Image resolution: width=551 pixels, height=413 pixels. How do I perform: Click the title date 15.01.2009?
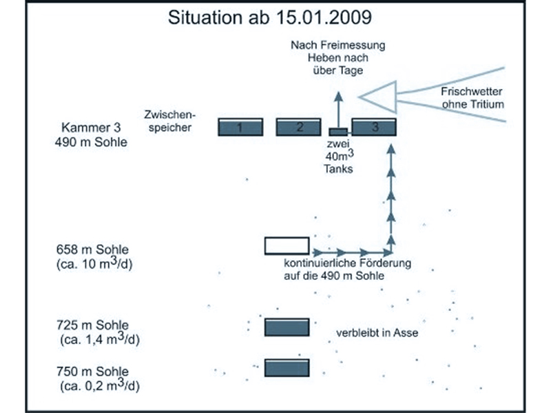pos(324,17)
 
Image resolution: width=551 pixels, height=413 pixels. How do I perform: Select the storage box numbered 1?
pos(240,127)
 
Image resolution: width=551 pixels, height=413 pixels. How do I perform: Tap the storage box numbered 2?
pos(298,127)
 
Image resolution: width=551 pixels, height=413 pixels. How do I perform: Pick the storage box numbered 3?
pos(374,127)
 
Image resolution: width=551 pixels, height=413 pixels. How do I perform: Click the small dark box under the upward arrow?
pos(338,132)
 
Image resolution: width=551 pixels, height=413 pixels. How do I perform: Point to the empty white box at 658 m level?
pos(287,246)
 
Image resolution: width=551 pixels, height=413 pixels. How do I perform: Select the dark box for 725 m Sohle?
pos(287,328)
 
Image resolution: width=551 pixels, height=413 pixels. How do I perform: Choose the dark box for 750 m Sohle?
pos(287,367)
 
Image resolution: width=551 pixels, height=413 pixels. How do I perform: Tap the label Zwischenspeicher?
pos(169,121)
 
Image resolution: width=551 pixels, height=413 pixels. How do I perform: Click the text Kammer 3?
pos(91,127)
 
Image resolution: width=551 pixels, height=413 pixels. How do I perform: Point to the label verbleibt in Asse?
pos(377,333)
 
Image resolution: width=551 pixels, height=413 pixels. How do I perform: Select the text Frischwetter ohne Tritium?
pos(472,98)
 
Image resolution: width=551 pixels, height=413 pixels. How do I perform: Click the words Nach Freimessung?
pos(338,45)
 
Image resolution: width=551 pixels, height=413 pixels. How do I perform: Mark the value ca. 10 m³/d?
pos(94,263)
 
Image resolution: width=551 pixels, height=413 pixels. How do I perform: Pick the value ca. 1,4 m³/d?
pos(100,339)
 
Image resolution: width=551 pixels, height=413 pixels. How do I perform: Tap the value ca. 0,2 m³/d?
pos(100,385)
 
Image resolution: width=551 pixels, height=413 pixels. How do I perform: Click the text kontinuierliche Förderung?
pos(348,263)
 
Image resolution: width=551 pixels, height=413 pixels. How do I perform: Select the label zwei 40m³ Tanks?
pos(338,157)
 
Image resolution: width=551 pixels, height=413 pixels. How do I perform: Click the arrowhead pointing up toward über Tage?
pos(338,97)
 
